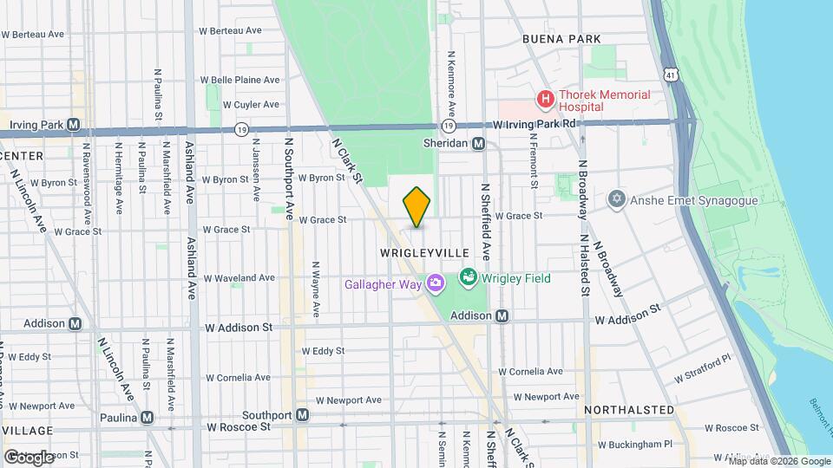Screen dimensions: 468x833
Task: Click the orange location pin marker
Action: pyautogui.click(x=417, y=206)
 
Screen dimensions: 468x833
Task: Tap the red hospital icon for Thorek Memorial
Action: pyautogui.click(x=545, y=100)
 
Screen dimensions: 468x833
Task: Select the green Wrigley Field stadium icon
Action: pyautogui.click(x=469, y=277)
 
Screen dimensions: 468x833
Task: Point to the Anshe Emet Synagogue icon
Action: pyautogui.click(x=617, y=200)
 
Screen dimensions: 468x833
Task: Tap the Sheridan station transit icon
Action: pyautogui.click(x=478, y=144)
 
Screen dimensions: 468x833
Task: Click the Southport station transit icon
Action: pyautogui.click(x=302, y=414)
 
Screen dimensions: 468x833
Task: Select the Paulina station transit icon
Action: pyautogui.click(x=148, y=417)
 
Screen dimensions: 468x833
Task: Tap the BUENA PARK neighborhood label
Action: pyautogui.click(x=561, y=40)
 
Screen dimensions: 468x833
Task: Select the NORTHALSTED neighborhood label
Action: pyautogui.click(x=629, y=409)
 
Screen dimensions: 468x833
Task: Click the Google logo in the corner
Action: pyautogui.click(x=29, y=456)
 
